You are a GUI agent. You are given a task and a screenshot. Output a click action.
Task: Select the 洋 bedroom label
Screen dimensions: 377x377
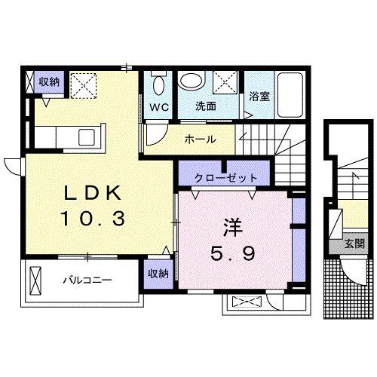[x=231, y=225]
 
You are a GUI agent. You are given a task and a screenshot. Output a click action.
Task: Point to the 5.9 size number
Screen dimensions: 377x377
[x=231, y=253]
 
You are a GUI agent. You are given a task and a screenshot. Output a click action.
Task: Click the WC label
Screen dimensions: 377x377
[x=158, y=106]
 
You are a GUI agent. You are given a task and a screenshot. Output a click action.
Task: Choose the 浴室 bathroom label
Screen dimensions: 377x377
[x=259, y=96]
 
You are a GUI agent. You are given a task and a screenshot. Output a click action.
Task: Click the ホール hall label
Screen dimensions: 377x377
[x=201, y=139]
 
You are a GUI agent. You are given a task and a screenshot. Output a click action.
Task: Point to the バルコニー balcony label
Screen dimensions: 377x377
[x=86, y=280]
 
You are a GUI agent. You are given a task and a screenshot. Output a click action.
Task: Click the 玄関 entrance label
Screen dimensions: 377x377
[x=354, y=244]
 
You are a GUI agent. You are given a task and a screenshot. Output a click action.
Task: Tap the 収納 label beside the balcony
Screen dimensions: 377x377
[x=158, y=274]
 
